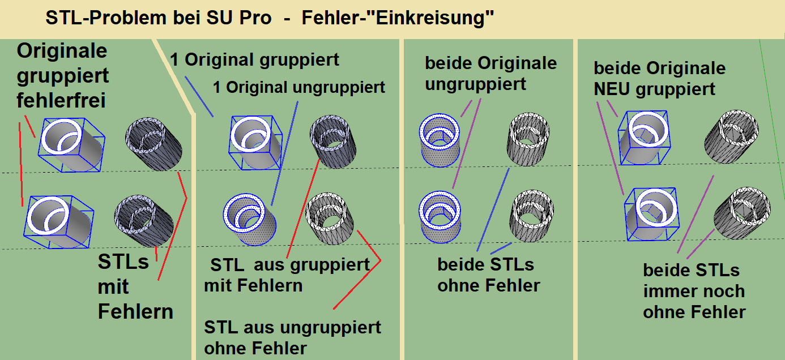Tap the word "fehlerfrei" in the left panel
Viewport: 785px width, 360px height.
[61, 101]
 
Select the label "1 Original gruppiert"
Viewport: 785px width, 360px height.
[254, 59]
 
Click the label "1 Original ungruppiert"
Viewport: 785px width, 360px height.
[299, 87]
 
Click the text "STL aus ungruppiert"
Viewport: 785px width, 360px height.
[293, 327]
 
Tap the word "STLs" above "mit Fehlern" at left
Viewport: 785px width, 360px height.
[123, 262]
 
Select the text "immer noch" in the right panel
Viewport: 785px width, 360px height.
[694, 292]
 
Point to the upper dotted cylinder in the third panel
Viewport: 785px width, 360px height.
[439, 140]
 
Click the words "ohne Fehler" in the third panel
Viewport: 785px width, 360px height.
[488, 285]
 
